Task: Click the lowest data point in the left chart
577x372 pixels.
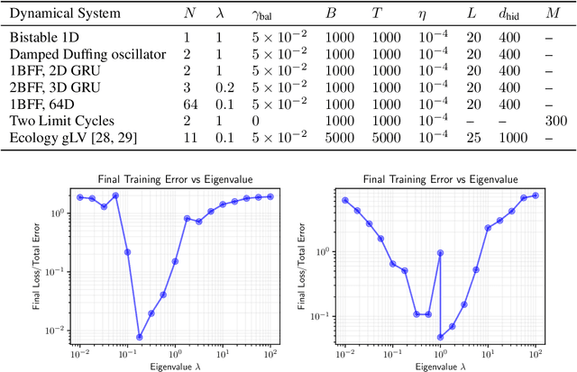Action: [140, 337]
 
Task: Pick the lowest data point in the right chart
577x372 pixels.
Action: [441, 337]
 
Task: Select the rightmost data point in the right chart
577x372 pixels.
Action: [536, 195]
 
